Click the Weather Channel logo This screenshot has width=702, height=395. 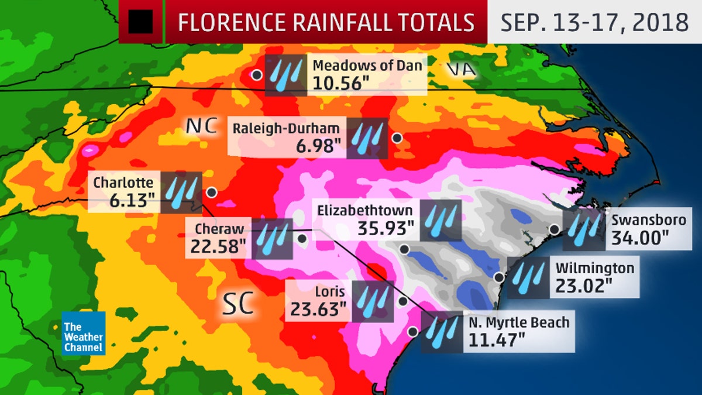pyautogui.click(x=84, y=333)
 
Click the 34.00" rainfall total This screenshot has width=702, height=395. pyautogui.click(x=641, y=238)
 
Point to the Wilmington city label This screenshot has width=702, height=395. pyautogui.click(x=594, y=268)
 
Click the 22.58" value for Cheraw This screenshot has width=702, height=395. pyautogui.click(x=217, y=246)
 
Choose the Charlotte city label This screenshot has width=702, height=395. pyautogui.click(x=123, y=182)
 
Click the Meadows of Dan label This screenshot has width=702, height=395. pyautogui.click(x=367, y=66)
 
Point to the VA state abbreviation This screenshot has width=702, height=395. pyautogui.click(x=460, y=70)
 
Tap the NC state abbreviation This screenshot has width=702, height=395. pyautogui.click(x=201, y=126)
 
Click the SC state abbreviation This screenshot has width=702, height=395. pyautogui.click(x=238, y=304)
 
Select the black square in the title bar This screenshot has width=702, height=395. pyautogui.click(x=140, y=22)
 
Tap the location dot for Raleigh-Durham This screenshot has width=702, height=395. pyautogui.click(x=397, y=138)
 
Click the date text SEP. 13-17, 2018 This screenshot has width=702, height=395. pyautogui.click(x=594, y=22)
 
